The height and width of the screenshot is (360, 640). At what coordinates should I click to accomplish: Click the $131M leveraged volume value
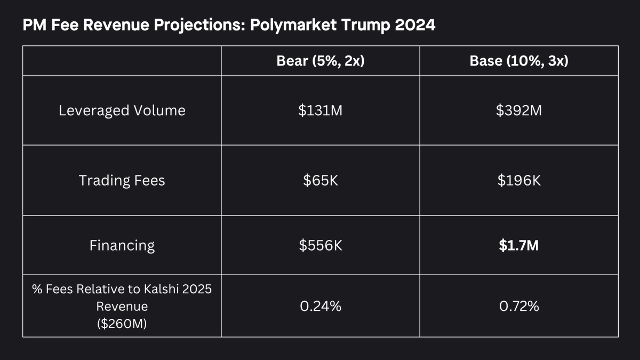coord(321,110)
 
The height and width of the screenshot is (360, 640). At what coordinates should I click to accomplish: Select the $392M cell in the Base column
coord(519,110)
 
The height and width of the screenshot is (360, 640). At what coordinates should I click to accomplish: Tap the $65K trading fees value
coord(321,180)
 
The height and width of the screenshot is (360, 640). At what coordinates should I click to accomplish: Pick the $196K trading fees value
coord(519,180)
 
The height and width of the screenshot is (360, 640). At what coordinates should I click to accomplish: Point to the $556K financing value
coord(321,245)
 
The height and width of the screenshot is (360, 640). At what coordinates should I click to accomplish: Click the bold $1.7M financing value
coord(519,245)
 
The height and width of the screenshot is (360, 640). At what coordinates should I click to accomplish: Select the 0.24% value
coord(321,306)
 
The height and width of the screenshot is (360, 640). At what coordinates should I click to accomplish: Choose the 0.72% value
coord(519,306)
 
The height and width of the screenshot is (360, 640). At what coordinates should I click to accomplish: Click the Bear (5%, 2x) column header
coord(321,61)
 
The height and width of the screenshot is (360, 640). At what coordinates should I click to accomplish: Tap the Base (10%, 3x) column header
coord(519,61)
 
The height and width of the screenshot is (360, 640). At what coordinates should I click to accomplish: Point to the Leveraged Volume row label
coord(122,110)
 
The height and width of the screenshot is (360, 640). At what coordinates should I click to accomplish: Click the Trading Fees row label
coord(122,180)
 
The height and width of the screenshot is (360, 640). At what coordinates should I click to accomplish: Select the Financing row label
coord(122,245)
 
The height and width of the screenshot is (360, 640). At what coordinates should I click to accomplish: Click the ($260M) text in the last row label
coord(122,323)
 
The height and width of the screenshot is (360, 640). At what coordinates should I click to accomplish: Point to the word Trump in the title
coord(366,25)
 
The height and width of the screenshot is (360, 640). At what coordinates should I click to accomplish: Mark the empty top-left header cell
coord(122,61)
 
